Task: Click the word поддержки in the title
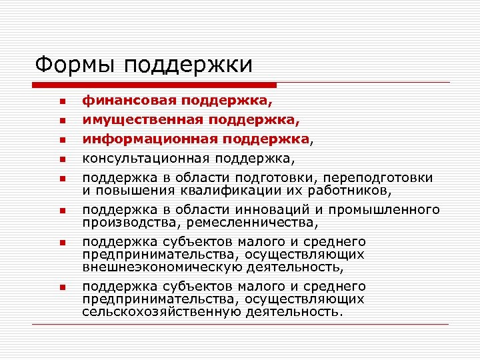click(x=188, y=65)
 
